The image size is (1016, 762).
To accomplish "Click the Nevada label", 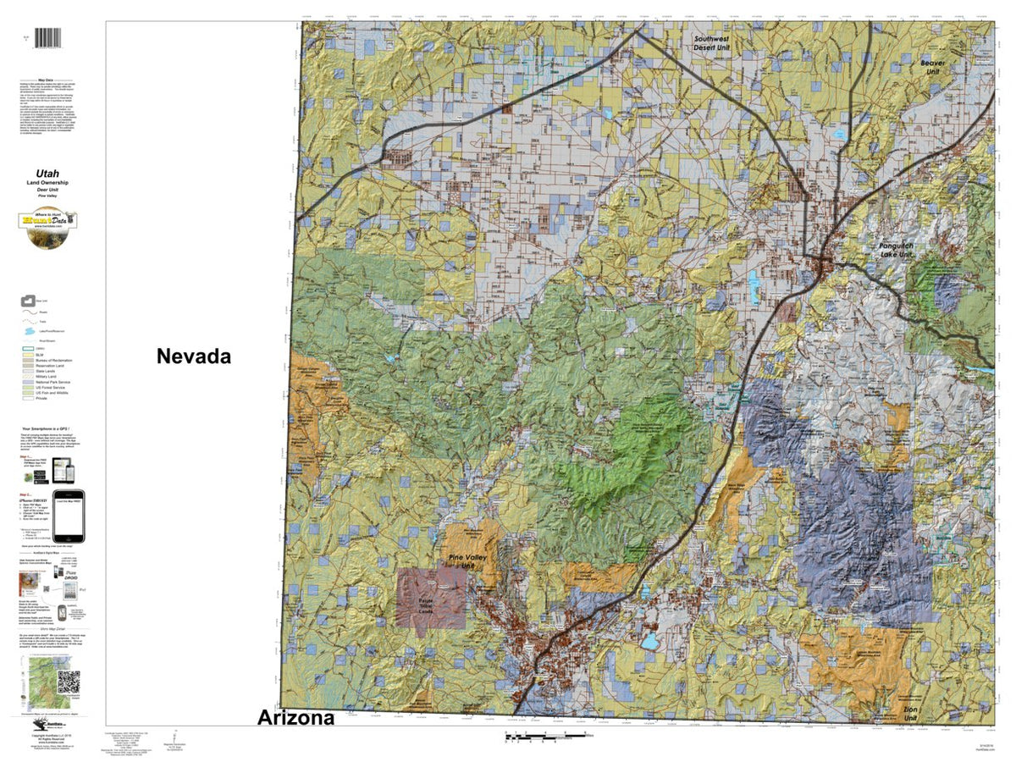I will click(193, 356).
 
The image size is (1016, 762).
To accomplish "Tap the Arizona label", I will click(295, 718).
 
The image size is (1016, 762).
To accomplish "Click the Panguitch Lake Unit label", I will click(908, 251).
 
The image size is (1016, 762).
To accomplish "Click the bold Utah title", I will click(47, 174).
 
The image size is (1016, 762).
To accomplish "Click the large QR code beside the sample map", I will click(69, 682).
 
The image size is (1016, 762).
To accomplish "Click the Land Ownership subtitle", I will click(47, 184).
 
